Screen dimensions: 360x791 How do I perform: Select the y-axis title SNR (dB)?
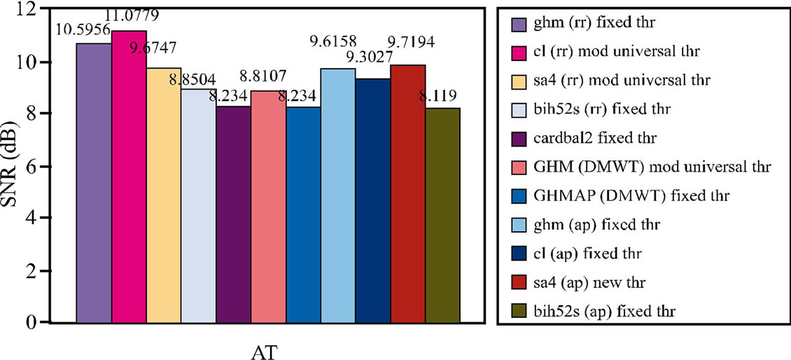[x=12, y=166]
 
